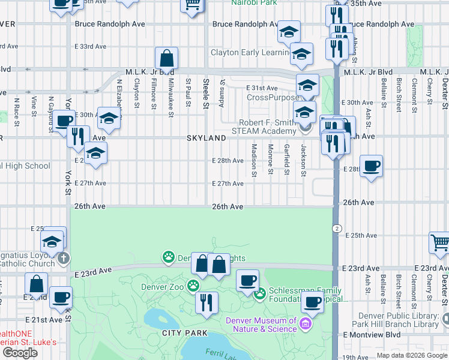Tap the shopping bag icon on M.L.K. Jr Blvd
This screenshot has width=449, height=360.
(166, 59)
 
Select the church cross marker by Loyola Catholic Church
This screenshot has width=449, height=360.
(64, 259)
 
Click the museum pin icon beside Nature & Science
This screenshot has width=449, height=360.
(306, 325)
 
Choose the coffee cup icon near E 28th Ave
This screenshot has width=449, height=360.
(372, 166)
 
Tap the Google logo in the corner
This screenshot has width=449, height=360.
(20, 353)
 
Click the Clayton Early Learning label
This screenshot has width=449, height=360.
(249, 53)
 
